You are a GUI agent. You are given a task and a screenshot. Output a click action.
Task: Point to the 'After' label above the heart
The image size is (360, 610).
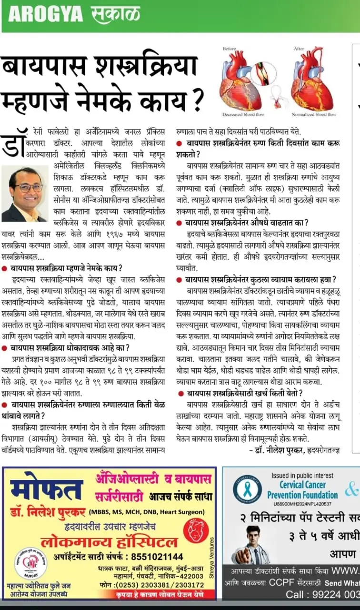pyautogui.click(x=299, y=48)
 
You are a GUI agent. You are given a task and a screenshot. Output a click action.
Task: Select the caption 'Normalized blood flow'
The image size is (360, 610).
pyautogui.click(x=314, y=114)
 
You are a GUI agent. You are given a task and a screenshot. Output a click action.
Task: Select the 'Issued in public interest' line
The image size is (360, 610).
pyautogui.click(x=303, y=475)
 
